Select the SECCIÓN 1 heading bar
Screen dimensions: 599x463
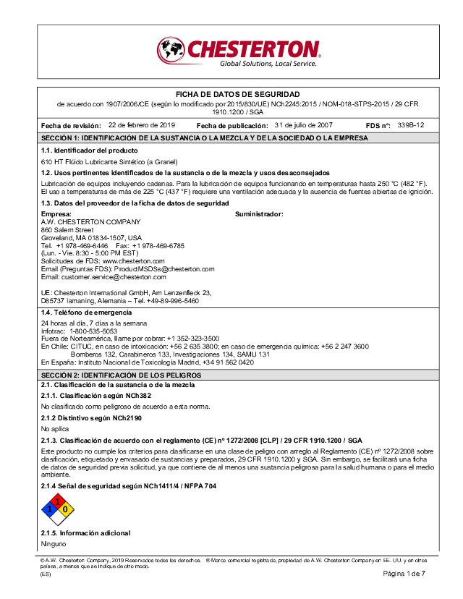[x=231, y=137]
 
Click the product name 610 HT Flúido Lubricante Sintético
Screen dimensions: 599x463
[x=109, y=161]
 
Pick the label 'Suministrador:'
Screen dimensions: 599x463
[x=259, y=214]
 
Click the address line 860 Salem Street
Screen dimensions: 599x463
[x=67, y=229]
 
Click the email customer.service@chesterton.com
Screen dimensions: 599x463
[x=104, y=276]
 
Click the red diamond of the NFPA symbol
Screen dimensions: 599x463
[x=56, y=500]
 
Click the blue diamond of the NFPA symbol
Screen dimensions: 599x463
[x=47, y=509]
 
